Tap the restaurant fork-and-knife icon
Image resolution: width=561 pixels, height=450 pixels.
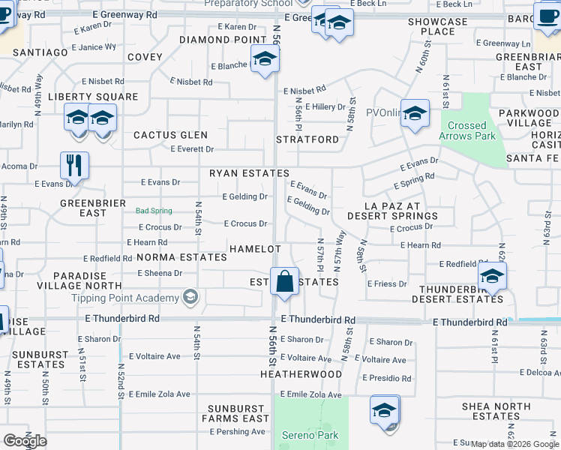pyautogui.click(x=74, y=165)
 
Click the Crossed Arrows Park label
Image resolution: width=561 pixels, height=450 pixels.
pyautogui.click(x=466, y=130)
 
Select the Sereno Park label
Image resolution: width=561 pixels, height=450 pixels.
pyautogui.click(x=310, y=435)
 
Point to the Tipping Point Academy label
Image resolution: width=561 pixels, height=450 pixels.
pyautogui.click(x=136, y=298)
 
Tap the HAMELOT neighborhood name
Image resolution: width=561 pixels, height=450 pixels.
pyautogui.click(x=255, y=248)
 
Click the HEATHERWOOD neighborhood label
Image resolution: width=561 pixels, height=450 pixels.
pyautogui.click(x=301, y=373)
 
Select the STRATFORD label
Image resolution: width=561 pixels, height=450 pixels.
pyautogui.click(x=307, y=139)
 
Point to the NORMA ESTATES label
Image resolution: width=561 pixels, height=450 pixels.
pyautogui.click(x=181, y=257)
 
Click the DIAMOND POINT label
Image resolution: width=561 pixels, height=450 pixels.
pyautogui.click(x=223, y=40)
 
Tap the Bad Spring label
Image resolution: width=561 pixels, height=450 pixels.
pyautogui.click(x=154, y=211)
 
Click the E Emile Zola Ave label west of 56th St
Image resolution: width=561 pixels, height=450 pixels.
pyautogui.click(x=160, y=394)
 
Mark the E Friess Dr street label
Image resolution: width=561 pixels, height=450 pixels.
pyautogui.click(x=387, y=283)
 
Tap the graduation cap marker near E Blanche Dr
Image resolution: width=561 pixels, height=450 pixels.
pyautogui.click(x=265, y=58)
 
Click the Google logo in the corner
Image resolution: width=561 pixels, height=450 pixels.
pyautogui.click(x=25, y=441)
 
